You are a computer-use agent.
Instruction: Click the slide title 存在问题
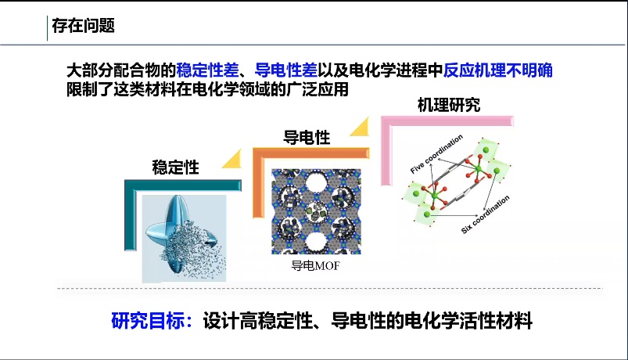point(84,26)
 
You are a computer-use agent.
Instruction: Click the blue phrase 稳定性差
point(207,70)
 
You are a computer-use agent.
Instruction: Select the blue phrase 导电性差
point(286,70)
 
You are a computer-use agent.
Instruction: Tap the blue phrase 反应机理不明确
point(498,70)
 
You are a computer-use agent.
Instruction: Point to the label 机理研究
point(449,105)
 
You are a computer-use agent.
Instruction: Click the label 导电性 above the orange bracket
point(307,138)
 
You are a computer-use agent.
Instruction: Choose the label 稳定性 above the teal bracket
point(175,167)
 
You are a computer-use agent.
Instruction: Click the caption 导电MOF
point(315,266)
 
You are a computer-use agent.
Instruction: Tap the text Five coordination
point(436,154)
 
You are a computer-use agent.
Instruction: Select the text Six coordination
point(485,214)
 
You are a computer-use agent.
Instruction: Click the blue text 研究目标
point(149,321)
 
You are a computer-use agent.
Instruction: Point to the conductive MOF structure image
point(316,211)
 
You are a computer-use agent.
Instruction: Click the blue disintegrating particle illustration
point(185,239)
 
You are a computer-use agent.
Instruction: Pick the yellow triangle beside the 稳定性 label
point(235,160)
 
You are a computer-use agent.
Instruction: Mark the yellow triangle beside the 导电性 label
point(361,128)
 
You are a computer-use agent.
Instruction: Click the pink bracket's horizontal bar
point(447,121)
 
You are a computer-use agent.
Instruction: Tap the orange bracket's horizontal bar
point(310,153)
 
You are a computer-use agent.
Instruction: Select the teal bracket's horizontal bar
point(183,185)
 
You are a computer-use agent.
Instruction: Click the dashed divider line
point(329,288)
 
